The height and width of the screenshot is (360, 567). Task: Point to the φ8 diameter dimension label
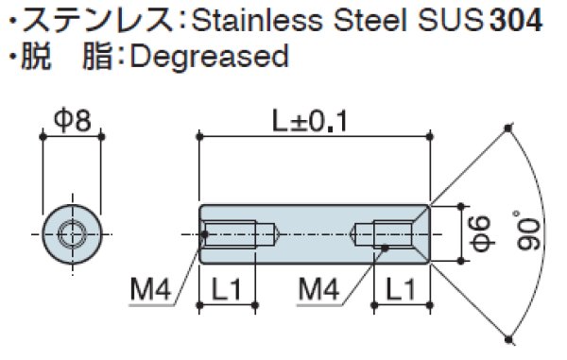(x=71, y=120)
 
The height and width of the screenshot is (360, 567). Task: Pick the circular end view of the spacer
(x=71, y=231)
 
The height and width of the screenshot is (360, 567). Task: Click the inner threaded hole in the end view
(x=71, y=231)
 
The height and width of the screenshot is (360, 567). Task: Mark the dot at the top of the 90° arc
(x=508, y=128)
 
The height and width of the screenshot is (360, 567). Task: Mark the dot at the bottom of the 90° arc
(x=508, y=336)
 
